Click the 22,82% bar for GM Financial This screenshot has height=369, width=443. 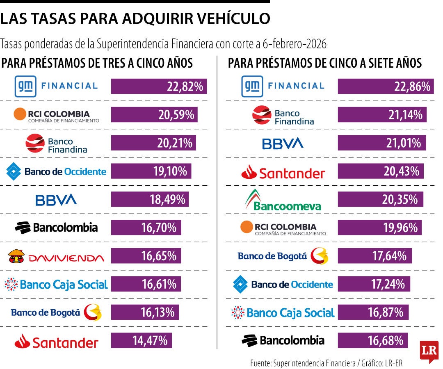coord(159,87)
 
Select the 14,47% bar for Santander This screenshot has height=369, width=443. coord(141,340)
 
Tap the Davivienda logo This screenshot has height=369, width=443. coord(56,257)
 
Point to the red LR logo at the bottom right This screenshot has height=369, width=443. coord(429,351)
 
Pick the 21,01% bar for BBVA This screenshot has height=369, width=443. coord(382,143)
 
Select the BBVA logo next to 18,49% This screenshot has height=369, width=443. coord(56,200)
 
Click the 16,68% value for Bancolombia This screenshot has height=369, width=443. coord(386,340)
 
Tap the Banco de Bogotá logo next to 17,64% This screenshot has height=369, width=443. coord(283,256)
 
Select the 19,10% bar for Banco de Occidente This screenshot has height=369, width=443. coord(151,171)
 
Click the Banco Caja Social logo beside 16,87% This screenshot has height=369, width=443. coord(283,313)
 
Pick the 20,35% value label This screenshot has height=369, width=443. coord(400,200)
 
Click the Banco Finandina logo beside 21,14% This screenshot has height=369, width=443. coord(283,115)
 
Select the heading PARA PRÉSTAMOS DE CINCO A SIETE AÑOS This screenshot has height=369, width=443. coord(325,63)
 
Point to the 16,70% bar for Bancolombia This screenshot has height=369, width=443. coord(146,228)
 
